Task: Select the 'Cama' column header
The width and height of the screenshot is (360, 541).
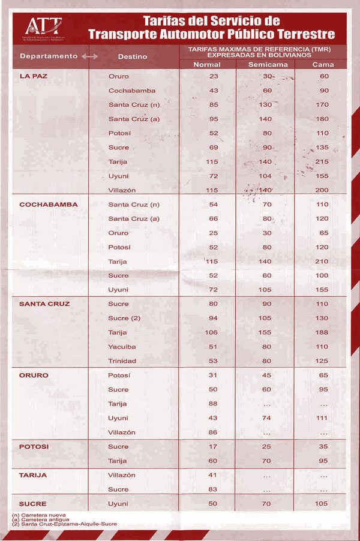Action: click(x=324, y=64)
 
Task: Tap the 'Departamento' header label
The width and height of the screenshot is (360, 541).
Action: click(x=49, y=56)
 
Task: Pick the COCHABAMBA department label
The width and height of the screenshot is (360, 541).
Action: click(x=44, y=205)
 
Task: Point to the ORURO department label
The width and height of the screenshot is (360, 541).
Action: click(x=34, y=375)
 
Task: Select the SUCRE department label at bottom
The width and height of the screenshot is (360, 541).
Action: click(x=32, y=504)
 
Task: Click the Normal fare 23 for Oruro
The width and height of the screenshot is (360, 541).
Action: click(x=214, y=76)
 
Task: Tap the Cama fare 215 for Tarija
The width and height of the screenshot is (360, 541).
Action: click(x=323, y=162)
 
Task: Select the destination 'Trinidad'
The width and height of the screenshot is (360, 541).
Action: click(x=122, y=361)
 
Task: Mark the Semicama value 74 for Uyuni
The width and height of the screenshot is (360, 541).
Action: click(x=267, y=418)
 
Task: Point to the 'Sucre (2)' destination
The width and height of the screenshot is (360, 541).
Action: click(x=124, y=318)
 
